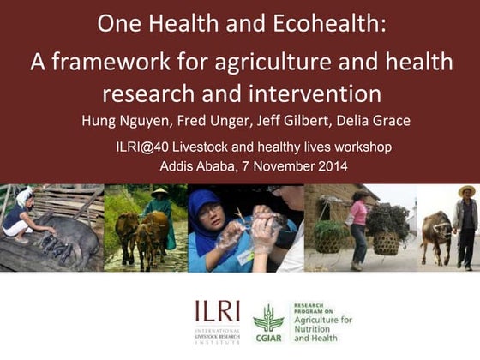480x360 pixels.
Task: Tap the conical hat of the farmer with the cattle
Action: coord(159,194)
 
